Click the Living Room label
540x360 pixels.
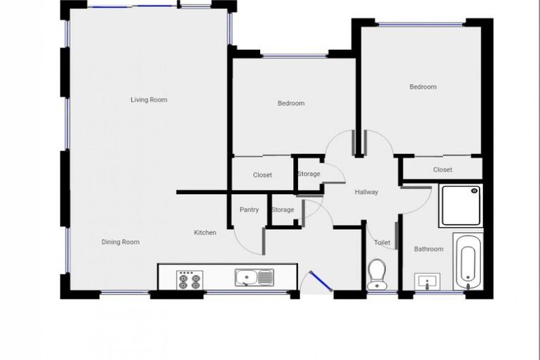(x=149, y=100)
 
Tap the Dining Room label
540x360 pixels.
(x=120, y=242)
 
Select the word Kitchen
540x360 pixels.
(x=205, y=233)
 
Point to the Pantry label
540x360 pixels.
(x=249, y=210)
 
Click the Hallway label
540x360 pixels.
(x=366, y=192)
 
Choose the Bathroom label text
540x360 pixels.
(x=428, y=249)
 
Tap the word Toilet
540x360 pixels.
(x=382, y=243)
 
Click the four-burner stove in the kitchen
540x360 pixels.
(x=188, y=280)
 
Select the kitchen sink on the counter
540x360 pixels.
(x=254, y=278)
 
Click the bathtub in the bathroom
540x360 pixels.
(x=468, y=262)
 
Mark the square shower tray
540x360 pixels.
(x=461, y=205)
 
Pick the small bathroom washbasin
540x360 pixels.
(x=427, y=282)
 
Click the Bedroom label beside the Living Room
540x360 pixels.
(x=291, y=103)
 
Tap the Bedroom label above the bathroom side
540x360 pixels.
(x=423, y=87)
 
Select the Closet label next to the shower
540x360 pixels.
(x=442, y=169)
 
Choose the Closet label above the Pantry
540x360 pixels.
(x=262, y=175)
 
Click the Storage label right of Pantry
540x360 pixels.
(x=283, y=210)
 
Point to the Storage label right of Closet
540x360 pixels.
(x=309, y=174)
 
